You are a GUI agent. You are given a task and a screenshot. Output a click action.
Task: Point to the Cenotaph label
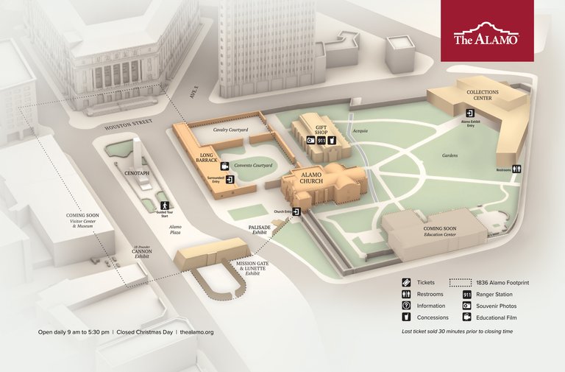137,173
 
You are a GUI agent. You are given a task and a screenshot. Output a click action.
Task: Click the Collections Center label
483,96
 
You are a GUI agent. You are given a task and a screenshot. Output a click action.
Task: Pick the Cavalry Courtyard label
230,130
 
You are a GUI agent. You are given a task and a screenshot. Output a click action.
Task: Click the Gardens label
449,155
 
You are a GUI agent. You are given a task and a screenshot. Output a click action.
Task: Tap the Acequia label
360,130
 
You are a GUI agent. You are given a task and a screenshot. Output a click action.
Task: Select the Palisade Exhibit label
260,229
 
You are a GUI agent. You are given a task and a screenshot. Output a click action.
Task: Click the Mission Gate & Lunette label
255,270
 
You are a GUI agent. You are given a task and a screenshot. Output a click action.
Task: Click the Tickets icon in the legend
406,283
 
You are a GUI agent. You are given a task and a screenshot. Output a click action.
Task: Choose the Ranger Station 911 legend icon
466,295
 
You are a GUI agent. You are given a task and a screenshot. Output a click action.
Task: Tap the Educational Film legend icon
466,317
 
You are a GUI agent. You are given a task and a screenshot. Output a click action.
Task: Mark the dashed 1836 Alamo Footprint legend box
461,283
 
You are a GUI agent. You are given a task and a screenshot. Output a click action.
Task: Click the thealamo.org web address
196,332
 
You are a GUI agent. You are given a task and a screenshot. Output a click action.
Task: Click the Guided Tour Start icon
165,205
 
